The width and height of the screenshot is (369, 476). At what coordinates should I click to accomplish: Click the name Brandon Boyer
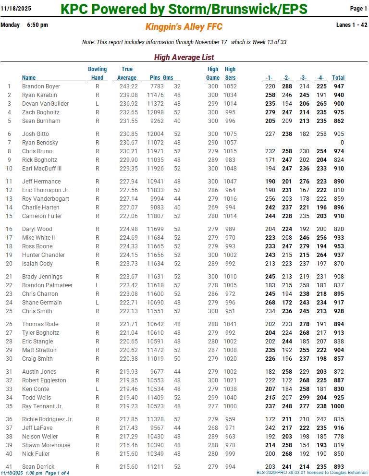[41, 86]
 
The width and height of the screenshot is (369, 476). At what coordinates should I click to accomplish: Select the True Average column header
[127, 73]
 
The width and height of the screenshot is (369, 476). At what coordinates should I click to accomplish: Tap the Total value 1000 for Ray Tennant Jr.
[337, 406]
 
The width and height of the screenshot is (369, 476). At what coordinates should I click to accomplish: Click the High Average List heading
[184, 58]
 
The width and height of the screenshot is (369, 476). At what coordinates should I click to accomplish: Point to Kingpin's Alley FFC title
[184, 27]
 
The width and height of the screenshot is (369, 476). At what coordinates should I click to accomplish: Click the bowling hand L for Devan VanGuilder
[98, 104]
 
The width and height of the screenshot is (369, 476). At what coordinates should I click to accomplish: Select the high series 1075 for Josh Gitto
[230, 134]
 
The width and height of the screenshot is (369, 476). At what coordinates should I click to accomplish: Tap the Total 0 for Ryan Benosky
[342, 143]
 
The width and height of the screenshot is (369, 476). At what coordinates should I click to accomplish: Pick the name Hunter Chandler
[43, 255]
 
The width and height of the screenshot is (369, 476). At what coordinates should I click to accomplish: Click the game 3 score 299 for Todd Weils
[303, 398]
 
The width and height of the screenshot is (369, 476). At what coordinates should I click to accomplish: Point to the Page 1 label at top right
[358, 9]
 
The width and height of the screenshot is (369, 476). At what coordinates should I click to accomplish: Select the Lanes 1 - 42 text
[352, 25]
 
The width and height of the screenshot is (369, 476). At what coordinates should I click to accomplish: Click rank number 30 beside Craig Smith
[9, 359]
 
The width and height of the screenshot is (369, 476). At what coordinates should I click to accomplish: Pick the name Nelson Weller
[40, 437]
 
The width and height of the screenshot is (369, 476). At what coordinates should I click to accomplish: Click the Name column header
[29, 78]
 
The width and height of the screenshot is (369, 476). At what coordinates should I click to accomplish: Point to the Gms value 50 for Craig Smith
[177, 359]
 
